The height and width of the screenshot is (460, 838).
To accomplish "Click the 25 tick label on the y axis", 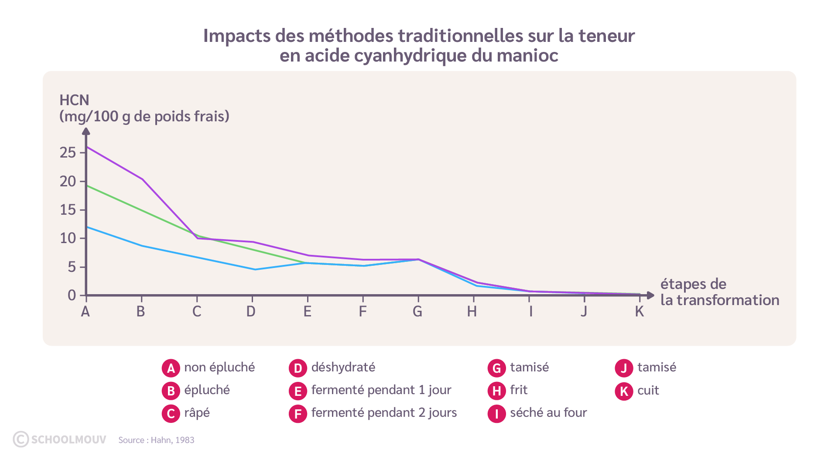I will point(68,153).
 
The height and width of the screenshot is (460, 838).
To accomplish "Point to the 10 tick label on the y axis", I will point(68,238).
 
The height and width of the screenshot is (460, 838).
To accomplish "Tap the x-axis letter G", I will point(417,312).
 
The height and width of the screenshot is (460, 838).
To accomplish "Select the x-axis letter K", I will point(639,312).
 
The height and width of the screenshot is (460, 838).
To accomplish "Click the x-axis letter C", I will point(197,312).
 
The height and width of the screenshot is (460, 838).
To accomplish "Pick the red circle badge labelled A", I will point(171,368).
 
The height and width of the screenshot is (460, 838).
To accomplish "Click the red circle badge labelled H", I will point(496,391).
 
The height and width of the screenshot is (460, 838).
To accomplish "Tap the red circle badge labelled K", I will point(624,391).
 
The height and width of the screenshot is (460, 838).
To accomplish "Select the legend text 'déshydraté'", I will point(343,367).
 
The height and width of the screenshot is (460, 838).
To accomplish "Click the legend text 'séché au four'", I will point(548,413).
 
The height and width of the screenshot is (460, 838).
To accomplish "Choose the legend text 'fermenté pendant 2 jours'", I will point(384,413).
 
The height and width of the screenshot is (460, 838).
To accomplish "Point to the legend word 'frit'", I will point(519,390).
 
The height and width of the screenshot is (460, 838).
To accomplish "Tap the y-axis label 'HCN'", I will point(74,100).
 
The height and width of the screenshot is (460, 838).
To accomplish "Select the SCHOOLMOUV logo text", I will point(68,439).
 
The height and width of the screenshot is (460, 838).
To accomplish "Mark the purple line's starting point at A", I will point(87,147).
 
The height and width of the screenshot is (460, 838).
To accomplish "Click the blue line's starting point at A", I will point(87,227).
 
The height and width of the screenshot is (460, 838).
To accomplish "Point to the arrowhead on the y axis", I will point(86,131).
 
